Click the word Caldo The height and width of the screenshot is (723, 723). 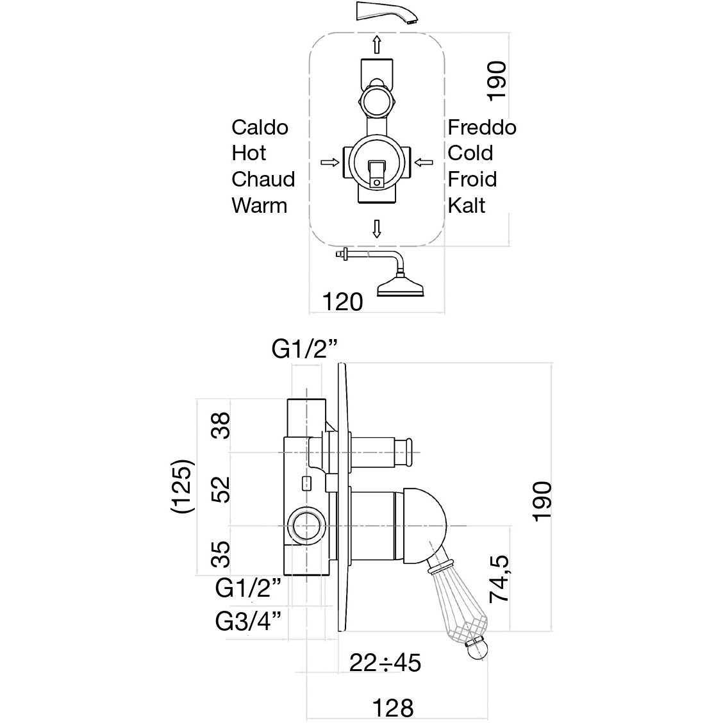click(x=260, y=127)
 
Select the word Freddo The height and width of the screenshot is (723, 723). click(x=481, y=127)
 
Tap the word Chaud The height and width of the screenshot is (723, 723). click(x=263, y=179)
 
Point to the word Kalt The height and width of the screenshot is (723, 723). click(x=466, y=205)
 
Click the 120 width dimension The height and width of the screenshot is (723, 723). click(x=344, y=301)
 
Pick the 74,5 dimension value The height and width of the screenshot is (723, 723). click(x=499, y=579)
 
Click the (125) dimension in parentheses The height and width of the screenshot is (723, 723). click(x=182, y=485)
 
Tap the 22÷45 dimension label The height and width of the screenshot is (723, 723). click(x=385, y=662)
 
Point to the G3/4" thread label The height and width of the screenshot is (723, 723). click(x=249, y=621)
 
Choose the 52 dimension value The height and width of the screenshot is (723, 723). click(x=221, y=489)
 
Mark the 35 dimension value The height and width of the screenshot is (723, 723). click(x=221, y=554)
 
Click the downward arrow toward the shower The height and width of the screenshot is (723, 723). click(x=377, y=229)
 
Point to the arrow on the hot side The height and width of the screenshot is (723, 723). click(x=329, y=162)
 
